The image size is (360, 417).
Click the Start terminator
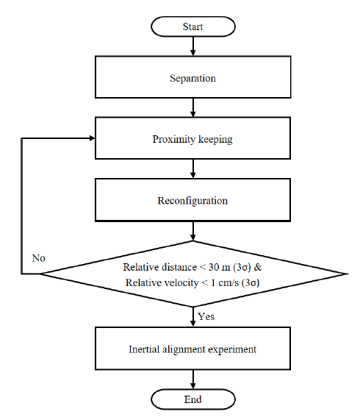tap(193, 26)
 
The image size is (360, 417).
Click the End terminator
tap(193, 399)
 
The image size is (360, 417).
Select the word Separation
tap(193, 79)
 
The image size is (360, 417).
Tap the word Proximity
tap(174, 139)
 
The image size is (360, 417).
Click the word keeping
tap(215, 139)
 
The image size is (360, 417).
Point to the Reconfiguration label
tap(192, 201)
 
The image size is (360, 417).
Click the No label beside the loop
tap(38, 258)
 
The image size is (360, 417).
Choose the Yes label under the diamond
tap(206, 316)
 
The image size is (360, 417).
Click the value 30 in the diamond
tap(214, 267)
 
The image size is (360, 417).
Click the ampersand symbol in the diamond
tap(258, 267)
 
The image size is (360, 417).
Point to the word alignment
tap(184, 350)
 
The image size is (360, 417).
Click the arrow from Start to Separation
tap(193, 46)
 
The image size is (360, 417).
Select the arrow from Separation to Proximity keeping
tap(193, 107)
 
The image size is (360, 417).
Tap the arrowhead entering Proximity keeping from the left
tap(92, 138)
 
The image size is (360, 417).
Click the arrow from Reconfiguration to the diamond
tap(193, 231)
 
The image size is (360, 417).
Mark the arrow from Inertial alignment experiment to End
tap(193, 379)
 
